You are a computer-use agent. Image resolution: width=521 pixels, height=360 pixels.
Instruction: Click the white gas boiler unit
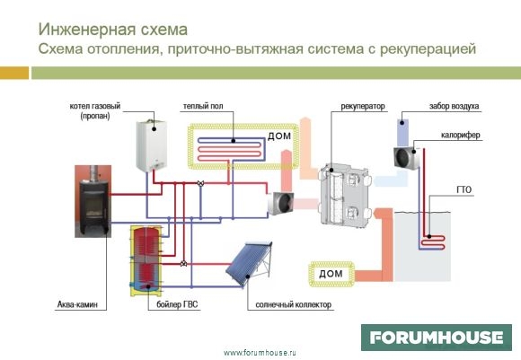(x=152, y=145)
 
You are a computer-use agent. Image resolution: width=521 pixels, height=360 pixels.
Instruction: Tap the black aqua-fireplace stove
(x=93, y=201)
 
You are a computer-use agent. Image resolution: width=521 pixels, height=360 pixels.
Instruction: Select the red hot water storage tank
(x=146, y=260)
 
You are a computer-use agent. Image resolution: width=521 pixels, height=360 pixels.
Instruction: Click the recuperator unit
(x=345, y=196)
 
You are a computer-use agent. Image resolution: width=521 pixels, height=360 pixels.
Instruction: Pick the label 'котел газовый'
(x=95, y=106)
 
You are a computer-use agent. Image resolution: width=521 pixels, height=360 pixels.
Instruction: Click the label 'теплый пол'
(x=203, y=106)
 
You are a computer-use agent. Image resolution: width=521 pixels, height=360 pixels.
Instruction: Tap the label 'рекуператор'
(x=363, y=106)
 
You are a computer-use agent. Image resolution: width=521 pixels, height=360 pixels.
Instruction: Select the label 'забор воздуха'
(x=454, y=106)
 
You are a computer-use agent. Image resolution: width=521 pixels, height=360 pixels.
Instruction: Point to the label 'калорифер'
(x=461, y=136)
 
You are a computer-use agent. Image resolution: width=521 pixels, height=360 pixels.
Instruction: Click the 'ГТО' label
(x=464, y=189)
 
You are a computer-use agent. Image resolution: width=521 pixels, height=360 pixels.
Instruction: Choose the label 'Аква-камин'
(x=77, y=304)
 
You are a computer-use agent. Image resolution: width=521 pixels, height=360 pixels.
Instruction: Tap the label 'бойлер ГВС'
(x=177, y=304)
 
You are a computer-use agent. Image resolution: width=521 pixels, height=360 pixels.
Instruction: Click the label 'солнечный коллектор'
(x=294, y=304)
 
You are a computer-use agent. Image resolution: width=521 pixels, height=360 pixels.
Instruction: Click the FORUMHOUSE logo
(x=437, y=338)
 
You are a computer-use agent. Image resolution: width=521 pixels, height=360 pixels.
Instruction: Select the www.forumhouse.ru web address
(x=260, y=353)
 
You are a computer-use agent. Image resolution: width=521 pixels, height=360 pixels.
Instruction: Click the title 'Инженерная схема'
(x=113, y=30)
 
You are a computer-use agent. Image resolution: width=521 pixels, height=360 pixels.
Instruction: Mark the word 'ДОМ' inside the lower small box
(x=331, y=274)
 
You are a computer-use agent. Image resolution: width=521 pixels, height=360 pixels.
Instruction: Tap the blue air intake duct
(x=404, y=133)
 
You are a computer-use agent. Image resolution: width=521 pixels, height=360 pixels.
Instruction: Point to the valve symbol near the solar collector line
(x=183, y=264)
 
